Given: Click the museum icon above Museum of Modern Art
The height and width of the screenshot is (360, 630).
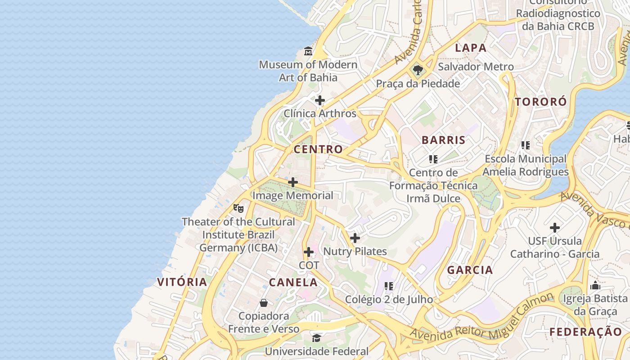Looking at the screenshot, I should click(x=308, y=51).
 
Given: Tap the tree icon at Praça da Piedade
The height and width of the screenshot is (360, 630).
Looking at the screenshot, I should click(x=418, y=70).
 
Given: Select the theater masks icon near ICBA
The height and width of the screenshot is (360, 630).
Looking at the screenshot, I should click(x=238, y=208).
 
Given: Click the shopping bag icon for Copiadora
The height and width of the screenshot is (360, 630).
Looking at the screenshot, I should click(x=264, y=303).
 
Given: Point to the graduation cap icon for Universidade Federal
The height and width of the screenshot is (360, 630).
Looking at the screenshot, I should click(x=317, y=337).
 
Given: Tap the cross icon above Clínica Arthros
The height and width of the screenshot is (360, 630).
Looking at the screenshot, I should click(x=320, y=100).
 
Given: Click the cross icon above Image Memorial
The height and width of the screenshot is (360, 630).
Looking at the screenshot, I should click(x=293, y=182).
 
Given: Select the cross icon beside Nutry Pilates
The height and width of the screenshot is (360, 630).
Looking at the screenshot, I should click(x=355, y=238).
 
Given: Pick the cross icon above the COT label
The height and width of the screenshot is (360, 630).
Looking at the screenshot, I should click(x=309, y=252).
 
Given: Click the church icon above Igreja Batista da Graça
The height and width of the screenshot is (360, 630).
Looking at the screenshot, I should click(x=595, y=285).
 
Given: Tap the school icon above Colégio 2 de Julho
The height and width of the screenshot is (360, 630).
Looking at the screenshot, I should click(x=389, y=286).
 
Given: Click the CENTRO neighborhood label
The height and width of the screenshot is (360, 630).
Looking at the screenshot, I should click(x=318, y=149).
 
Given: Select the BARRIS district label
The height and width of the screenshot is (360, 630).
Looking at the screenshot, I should click(x=444, y=140).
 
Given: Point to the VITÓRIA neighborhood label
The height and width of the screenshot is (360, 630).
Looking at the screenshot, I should click(x=182, y=282).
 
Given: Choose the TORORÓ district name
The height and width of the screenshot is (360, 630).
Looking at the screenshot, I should click(x=541, y=102).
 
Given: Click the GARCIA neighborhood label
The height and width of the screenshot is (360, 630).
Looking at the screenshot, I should click(x=470, y=270).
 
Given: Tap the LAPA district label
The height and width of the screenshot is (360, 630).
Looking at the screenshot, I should click(x=471, y=48).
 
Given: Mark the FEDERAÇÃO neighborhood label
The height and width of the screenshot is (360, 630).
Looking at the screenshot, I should click(x=585, y=332).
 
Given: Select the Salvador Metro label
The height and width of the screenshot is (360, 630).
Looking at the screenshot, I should click(x=476, y=67).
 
